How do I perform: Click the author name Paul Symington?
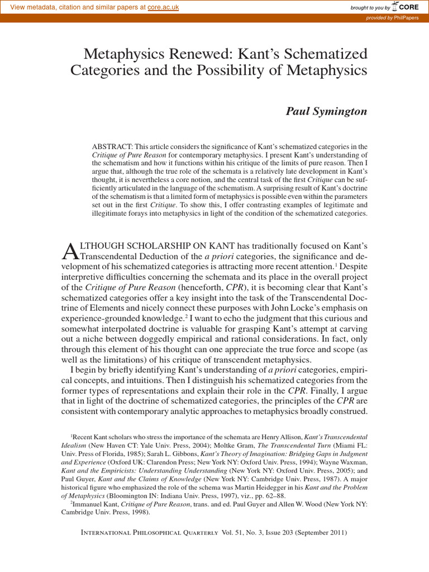[x=327, y=111]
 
